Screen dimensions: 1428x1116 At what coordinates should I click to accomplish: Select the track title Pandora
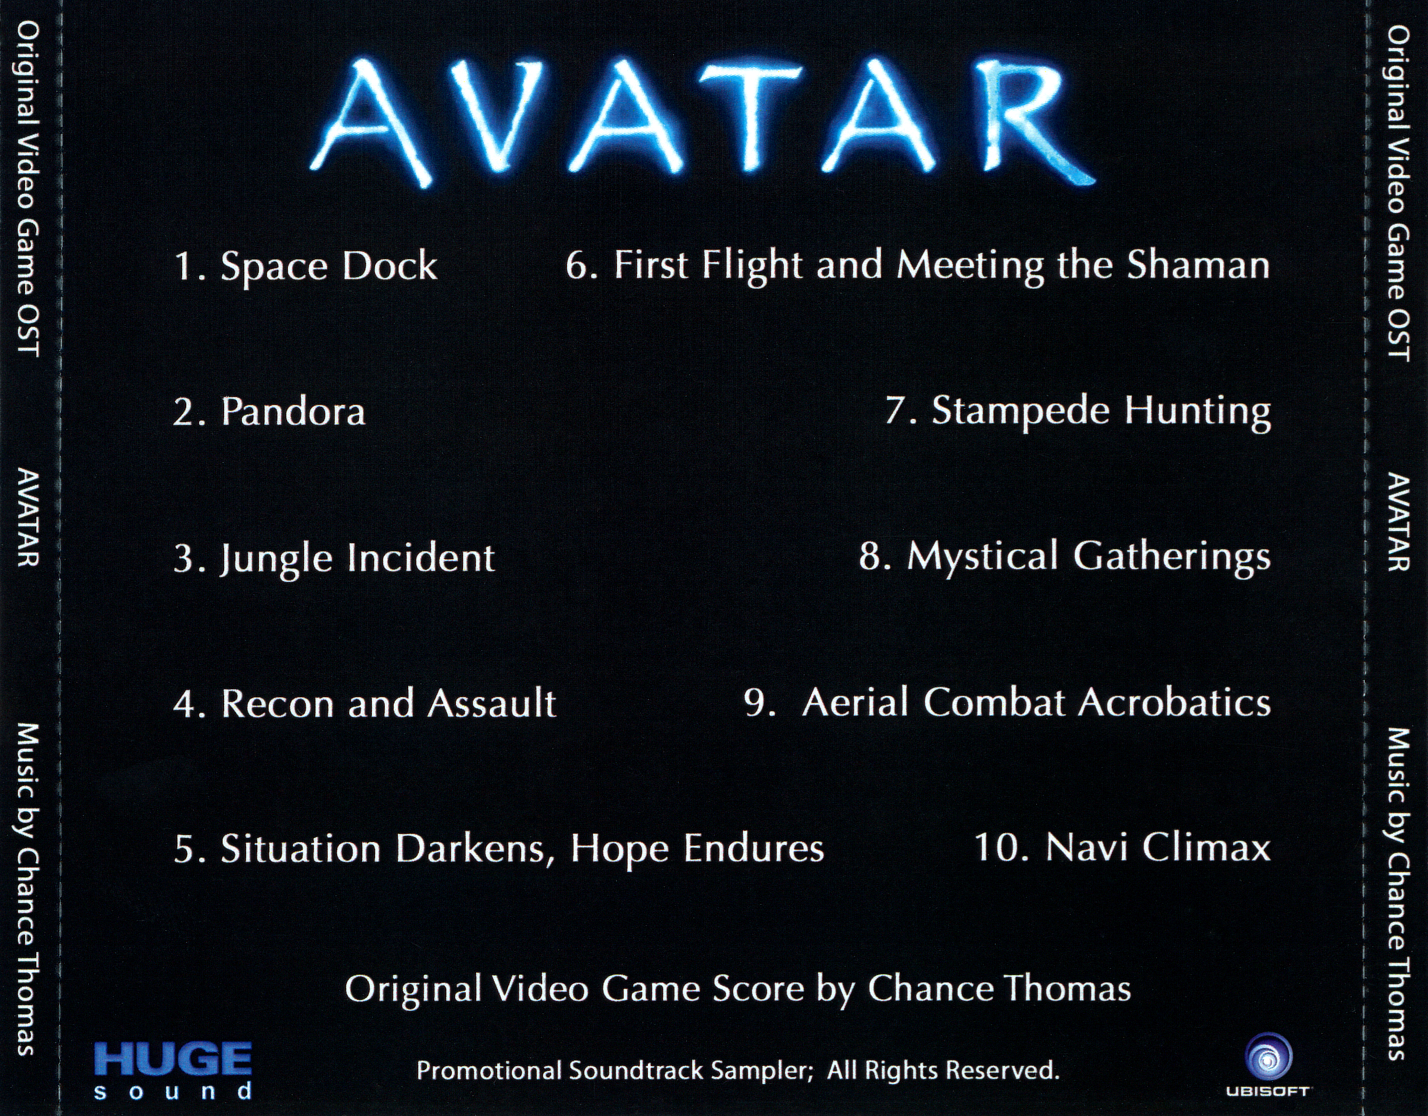[x=293, y=412]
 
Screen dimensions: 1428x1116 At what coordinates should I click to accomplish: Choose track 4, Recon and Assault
[x=388, y=703]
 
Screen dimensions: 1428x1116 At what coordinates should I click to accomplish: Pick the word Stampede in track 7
[x=1021, y=412]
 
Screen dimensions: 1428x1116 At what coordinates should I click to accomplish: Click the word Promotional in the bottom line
[x=489, y=1071]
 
